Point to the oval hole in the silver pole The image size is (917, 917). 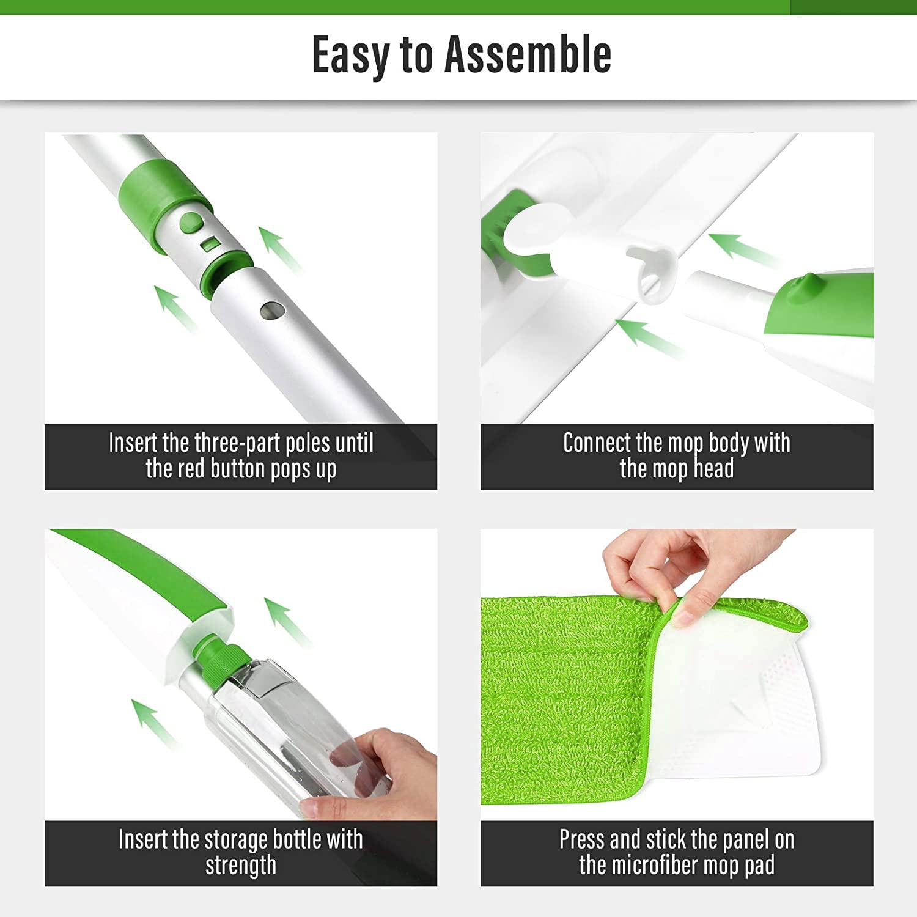(269, 311)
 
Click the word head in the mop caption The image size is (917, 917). (713, 469)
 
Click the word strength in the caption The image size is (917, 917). (241, 866)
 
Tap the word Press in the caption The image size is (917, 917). (581, 840)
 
